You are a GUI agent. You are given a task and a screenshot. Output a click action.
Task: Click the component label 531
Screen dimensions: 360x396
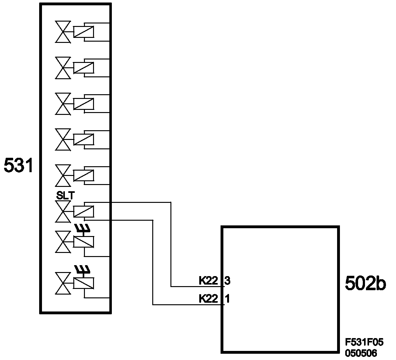coord(18,166)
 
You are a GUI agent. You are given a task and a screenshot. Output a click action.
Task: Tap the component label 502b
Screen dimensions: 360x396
coord(365,284)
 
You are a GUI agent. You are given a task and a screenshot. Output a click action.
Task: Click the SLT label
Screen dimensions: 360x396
coord(65,196)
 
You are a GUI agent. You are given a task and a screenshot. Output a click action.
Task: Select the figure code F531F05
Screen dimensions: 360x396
coord(364,342)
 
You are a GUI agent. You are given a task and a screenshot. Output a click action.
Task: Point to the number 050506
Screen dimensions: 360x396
coord(361,353)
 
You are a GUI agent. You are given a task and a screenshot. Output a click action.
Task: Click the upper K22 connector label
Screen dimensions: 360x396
coord(208,281)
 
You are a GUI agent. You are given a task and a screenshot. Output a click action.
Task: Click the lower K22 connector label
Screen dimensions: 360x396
coord(208,299)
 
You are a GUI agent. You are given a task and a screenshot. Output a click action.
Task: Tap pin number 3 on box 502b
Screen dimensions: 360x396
coord(227,281)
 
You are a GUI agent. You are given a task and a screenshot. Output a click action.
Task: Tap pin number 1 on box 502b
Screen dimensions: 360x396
coord(227,299)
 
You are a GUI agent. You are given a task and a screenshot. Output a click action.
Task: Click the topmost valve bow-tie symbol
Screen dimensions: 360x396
coord(63,32)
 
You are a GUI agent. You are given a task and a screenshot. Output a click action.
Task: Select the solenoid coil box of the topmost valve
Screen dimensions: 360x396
coord(83,32)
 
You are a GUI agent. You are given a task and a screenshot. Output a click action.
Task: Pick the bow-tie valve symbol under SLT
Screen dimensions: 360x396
coord(63,211)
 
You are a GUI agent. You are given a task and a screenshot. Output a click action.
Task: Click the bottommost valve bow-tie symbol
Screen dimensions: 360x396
coord(63,283)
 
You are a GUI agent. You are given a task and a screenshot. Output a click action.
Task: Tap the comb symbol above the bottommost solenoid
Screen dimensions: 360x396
coord(82,269)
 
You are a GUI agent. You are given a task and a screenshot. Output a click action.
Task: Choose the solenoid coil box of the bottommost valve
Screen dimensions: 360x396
coord(83,283)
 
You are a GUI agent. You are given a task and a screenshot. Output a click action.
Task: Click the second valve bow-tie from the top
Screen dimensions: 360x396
coord(63,68)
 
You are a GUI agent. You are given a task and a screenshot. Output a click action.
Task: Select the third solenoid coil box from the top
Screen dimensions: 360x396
coord(83,104)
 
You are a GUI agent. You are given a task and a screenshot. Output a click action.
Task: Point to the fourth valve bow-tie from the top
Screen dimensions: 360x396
coord(63,139)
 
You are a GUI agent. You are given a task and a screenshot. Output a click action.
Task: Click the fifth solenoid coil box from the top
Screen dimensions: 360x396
coord(83,175)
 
